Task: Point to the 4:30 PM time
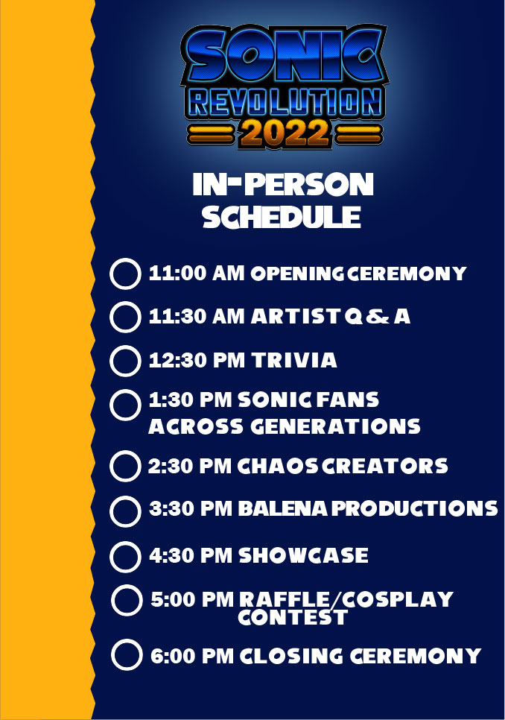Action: tap(191, 555)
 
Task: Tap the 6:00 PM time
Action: tap(192, 656)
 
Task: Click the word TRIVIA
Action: tap(294, 360)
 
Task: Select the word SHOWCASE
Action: tap(303, 555)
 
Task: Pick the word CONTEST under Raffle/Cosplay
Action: tap(293, 617)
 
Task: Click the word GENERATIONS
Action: tap(335, 426)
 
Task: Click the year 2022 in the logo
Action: tap(285, 133)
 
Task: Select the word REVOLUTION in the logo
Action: tap(285, 101)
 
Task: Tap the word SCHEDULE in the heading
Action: tap(282, 217)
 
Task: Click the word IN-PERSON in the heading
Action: tap(283, 184)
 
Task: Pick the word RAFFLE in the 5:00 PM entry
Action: tap(285, 599)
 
